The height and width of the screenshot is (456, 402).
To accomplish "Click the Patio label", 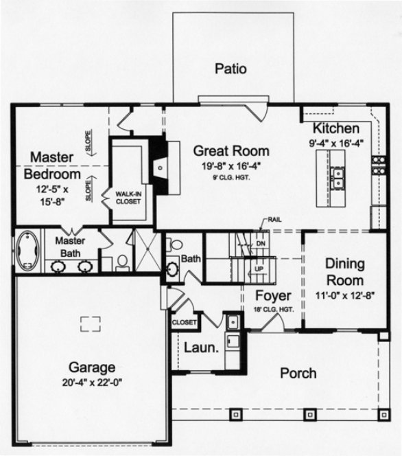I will click(x=230, y=69).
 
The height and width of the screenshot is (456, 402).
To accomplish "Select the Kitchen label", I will click(x=336, y=129).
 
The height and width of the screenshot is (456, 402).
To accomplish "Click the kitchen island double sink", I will click(x=337, y=179).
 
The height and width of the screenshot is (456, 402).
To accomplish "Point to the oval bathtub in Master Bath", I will click(x=27, y=250).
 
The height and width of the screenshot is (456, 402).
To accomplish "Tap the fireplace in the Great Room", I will click(x=159, y=166).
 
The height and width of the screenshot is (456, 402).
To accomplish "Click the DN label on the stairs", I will click(x=260, y=243).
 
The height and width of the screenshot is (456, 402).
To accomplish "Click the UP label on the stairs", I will click(x=259, y=269).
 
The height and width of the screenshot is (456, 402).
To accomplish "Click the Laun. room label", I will click(x=201, y=347).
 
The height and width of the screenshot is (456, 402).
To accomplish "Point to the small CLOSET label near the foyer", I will click(x=185, y=321).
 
